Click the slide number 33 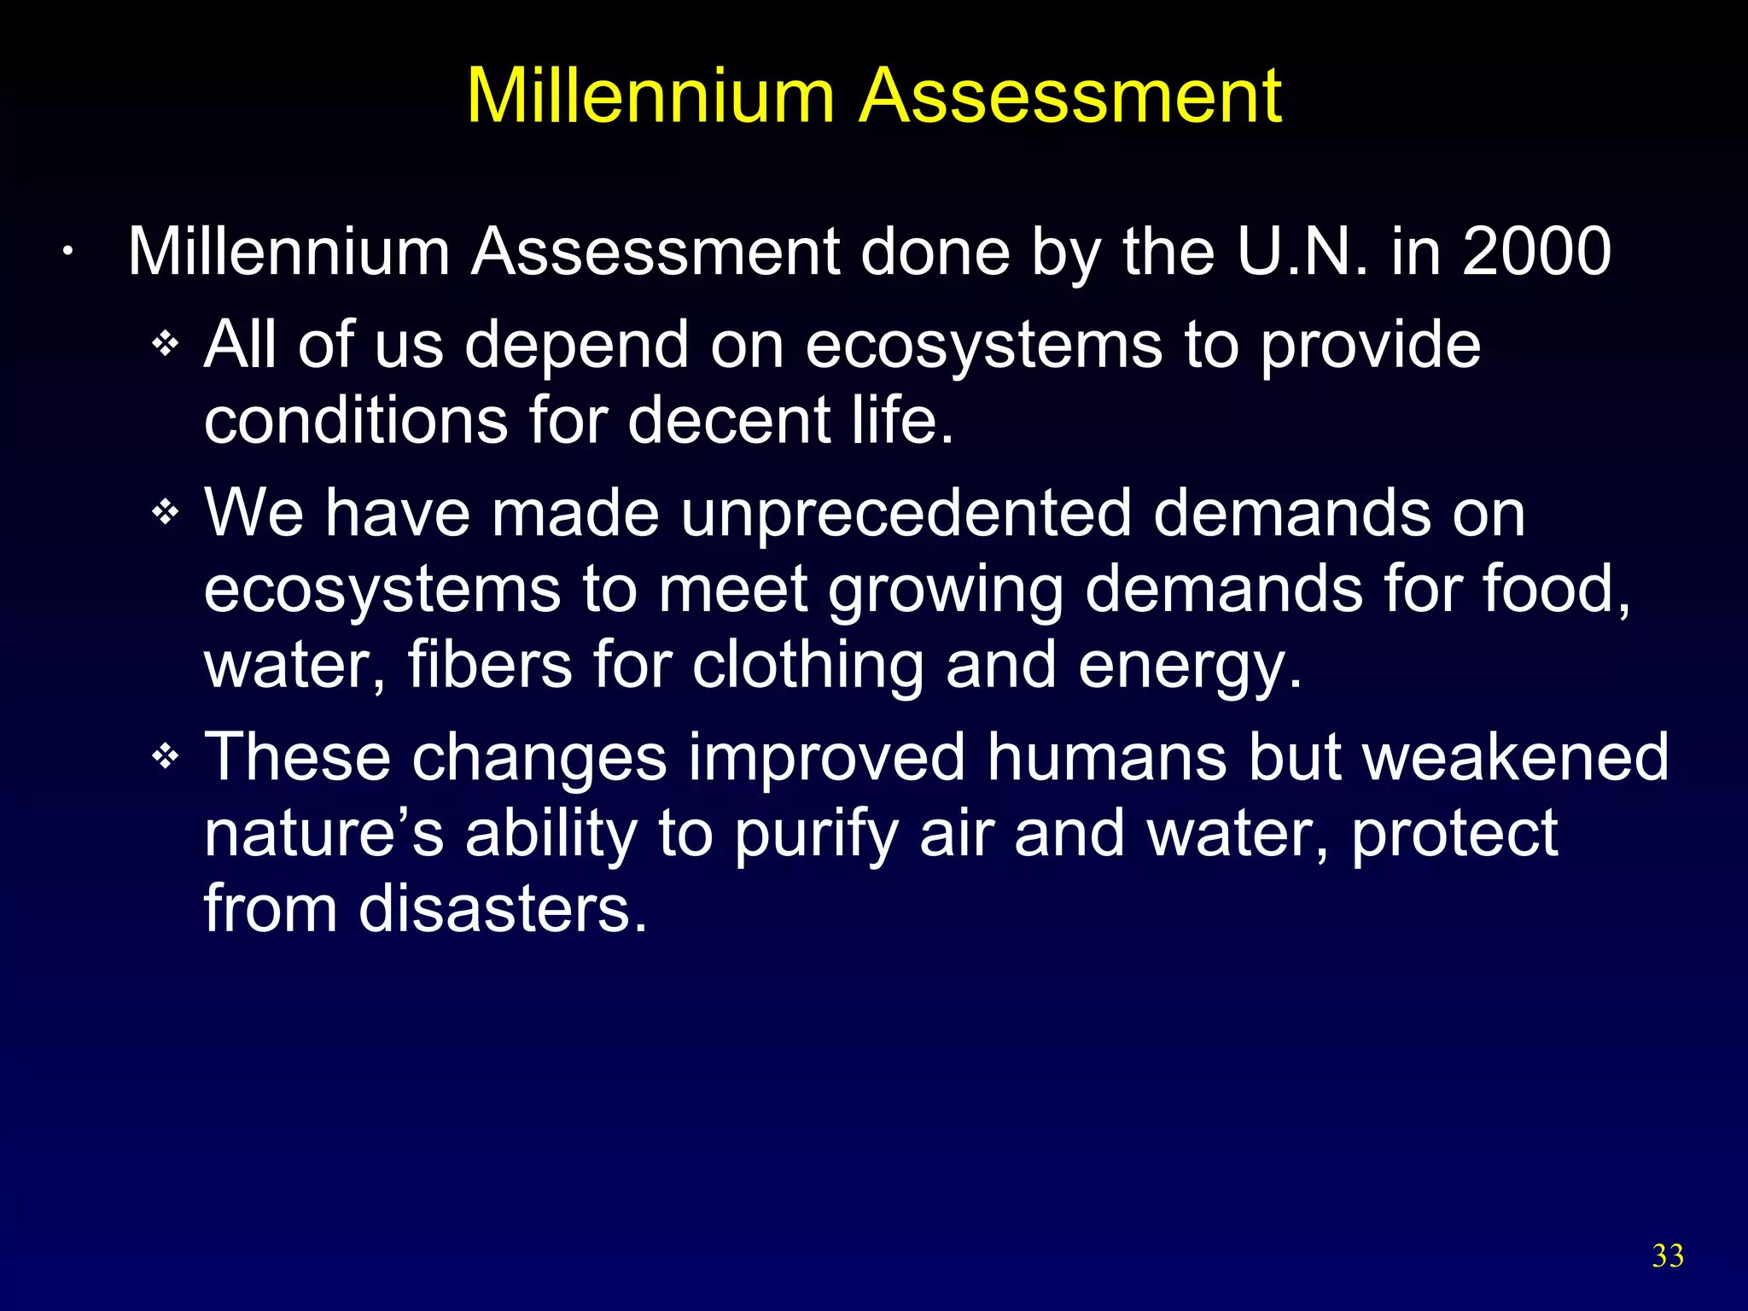point(1668,1256)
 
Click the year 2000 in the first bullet point(1536,252)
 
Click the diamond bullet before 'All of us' point(165,345)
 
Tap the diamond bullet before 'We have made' point(165,513)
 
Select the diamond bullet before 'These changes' point(165,756)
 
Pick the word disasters point(503,908)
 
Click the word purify point(816,834)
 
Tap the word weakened point(1515,756)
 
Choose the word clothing point(807,665)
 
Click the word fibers point(490,665)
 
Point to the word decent point(729,420)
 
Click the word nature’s point(324,834)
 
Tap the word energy point(1190,667)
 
